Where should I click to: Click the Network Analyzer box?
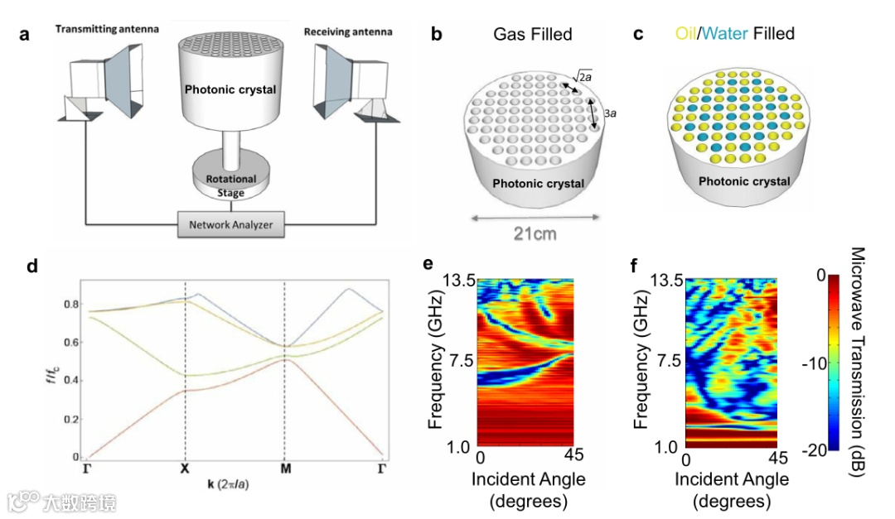(231, 224)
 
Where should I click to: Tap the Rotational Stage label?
(231, 186)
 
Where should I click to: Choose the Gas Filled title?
(532, 34)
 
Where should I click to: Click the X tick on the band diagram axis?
(184, 469)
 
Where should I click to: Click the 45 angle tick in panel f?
(776, 458)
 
